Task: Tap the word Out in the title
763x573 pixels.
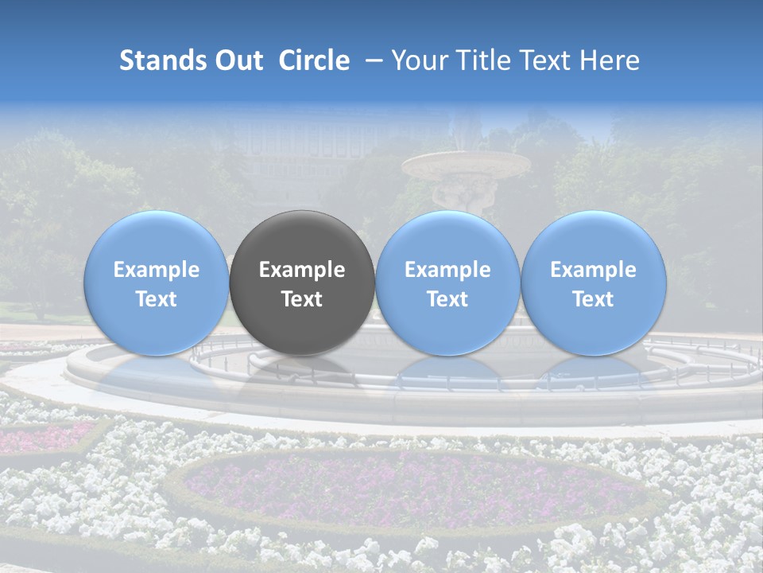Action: pos(237,60)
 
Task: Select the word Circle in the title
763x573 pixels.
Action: pos(314,60)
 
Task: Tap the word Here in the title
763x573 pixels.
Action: pos(610,60)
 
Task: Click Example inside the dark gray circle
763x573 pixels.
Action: pos(302,270)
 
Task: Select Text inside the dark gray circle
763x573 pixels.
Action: pos(302,299)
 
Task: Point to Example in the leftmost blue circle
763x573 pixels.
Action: pos(157,270)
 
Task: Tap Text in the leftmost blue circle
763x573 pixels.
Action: pos(157,299)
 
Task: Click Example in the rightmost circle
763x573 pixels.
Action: pos(593,270)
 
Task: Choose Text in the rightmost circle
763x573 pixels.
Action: pos(593,299)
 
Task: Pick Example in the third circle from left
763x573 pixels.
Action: pos(447,270)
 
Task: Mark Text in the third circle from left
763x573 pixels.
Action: pos(447,299)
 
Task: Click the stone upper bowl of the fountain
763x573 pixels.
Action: pos(466,166)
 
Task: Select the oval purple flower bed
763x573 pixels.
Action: pos(413,490)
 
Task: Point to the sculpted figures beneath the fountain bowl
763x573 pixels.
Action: pos(461,195)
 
